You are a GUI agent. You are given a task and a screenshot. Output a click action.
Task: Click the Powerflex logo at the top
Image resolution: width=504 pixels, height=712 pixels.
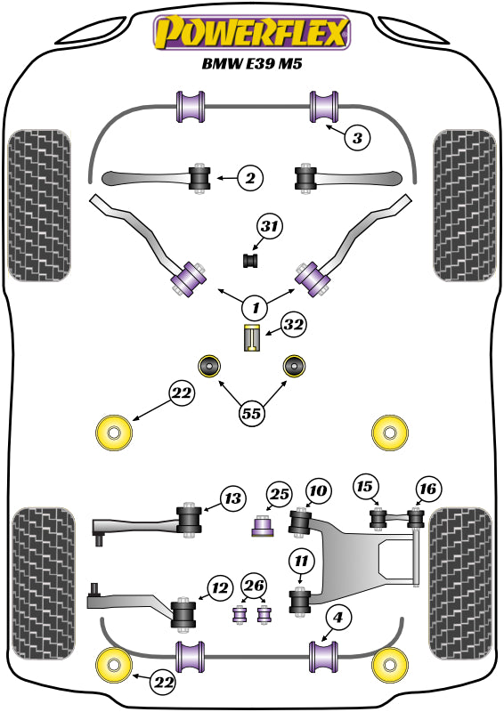pos(252,33)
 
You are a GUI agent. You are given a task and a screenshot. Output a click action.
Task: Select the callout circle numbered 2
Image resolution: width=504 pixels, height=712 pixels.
pos(250,179)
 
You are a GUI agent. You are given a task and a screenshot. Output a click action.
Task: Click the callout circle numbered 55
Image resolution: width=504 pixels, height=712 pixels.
pos(253,412)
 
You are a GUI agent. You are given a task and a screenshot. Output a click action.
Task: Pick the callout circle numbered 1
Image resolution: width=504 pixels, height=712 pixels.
pos(255,308)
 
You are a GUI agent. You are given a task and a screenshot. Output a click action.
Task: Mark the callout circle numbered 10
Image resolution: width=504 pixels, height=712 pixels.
pos(318,490)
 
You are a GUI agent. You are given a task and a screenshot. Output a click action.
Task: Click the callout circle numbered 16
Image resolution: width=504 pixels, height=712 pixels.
pos(427,488)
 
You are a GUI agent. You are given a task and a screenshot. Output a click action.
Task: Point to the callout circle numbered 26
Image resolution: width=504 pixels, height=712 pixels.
pos(253,586)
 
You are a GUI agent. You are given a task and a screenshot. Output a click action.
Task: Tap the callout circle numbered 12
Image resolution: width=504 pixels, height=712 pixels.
pos(218,587)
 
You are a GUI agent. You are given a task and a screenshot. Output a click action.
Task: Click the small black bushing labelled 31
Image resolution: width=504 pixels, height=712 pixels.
pos(250,260)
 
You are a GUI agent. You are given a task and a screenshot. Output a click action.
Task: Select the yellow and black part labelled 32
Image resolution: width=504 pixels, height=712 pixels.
pos(252,339)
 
